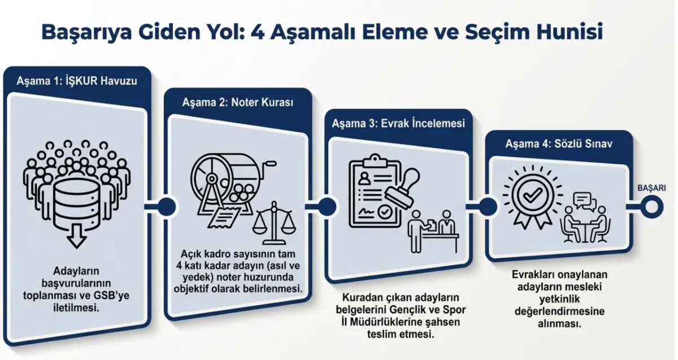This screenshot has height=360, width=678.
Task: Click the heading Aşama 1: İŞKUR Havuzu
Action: [x=77, y=80]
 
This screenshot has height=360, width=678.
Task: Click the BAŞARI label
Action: [x=651, y=188]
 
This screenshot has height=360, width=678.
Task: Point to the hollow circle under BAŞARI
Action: [x=651, y=206]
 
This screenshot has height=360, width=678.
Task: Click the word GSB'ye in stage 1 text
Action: [x=112, y=296]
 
